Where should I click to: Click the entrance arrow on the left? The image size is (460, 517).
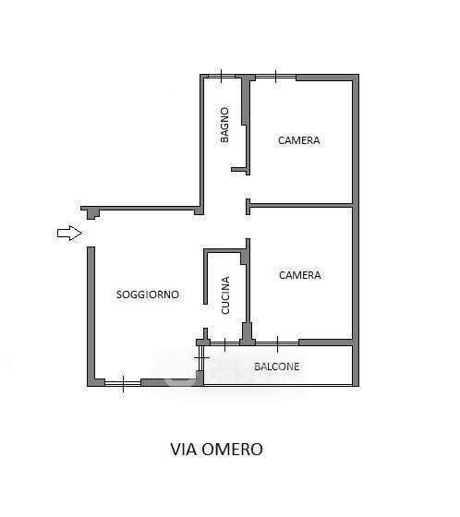click(69, 233)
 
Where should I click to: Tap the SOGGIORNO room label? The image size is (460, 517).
click(148, 295)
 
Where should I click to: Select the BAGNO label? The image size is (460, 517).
click(224, 125)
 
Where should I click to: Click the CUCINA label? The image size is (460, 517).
click(225, 295)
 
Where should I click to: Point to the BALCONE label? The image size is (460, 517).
click(277, 367)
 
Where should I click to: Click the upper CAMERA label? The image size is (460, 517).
click(298, 140)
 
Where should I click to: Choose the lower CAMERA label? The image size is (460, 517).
click(299, 275)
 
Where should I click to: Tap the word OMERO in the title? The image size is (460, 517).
click(233, 449)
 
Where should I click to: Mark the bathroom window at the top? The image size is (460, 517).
click(222, 77)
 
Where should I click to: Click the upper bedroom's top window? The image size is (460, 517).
click(276, 77)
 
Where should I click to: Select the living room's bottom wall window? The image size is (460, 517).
click(123, 383)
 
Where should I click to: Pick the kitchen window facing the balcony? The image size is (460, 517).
click(224, 343)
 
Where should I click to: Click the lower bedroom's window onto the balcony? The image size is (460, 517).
click(277, 343)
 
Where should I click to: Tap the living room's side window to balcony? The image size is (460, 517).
click(200, 358)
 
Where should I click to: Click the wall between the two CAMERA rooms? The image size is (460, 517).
click(301, 206)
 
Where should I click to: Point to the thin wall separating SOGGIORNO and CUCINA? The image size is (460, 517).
click(205, 277)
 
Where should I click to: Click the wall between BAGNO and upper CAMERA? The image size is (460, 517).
click(246, 126)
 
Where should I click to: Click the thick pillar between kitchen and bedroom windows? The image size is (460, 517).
click(248, 334)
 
